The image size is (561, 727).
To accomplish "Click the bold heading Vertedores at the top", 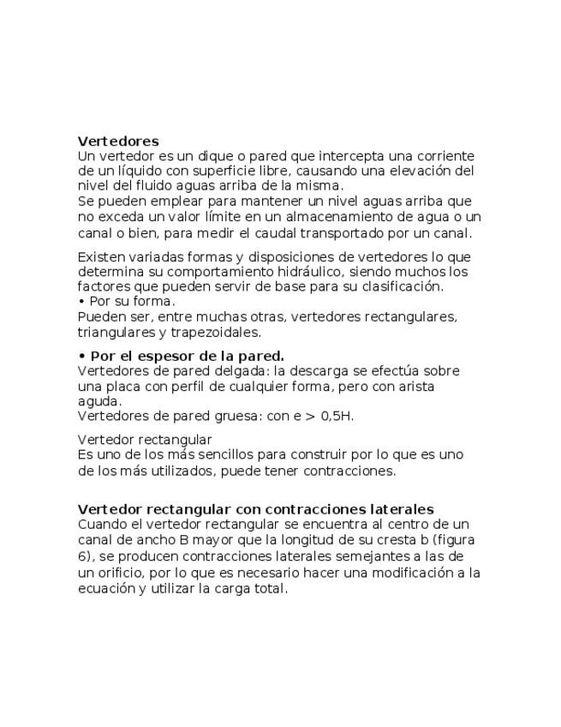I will (x=118, y=141).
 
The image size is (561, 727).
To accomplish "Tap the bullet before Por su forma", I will (x=81, y=302).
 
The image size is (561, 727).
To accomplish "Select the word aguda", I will (x=93, y=401).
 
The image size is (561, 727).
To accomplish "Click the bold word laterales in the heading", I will (x=403, y=509).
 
